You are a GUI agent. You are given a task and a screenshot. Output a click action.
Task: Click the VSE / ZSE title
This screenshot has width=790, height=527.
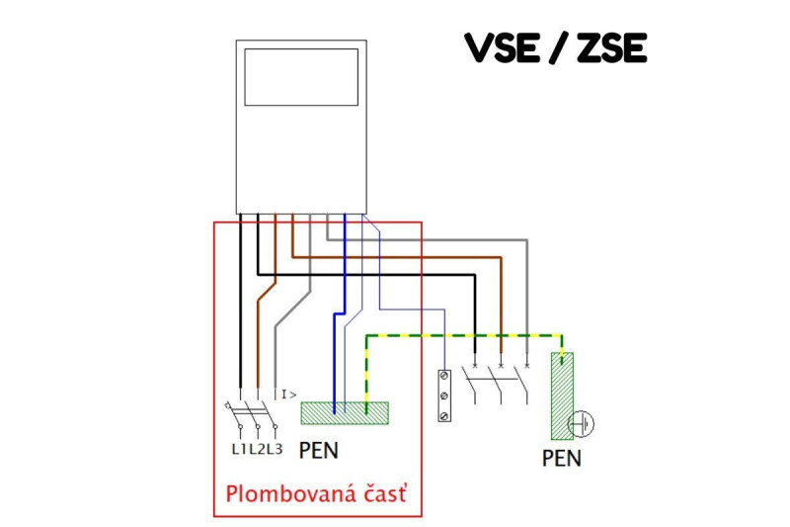pyautogui.click(x=555, y=46)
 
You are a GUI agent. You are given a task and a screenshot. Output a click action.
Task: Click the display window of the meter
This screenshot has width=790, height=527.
pyautogui.click(x=301, y=76)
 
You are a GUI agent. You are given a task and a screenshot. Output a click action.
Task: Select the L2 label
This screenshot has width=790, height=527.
pyautogui.click(x=257, y=450)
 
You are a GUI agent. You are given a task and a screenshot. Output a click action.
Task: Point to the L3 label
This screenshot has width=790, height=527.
pyautogui.click(x=274, y=450)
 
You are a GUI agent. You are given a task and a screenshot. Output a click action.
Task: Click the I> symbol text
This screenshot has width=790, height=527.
pyautogui.click(x=289, y=395)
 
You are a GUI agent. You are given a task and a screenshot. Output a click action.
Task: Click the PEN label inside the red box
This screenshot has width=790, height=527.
pyautogui.click(x=318, y=452)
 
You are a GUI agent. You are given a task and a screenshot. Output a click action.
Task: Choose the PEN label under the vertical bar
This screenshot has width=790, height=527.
pyautogui.click(x=561, y=458)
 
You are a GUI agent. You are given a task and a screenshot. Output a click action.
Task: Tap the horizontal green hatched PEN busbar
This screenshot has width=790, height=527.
pyautogui.click(x=345, y=412)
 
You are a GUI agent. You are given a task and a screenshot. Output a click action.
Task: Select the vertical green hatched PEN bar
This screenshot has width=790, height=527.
pyautogui.click(x=562, y=395)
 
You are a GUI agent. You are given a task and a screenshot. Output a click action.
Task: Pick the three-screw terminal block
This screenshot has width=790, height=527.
pyautogui.click(x=444, y=395)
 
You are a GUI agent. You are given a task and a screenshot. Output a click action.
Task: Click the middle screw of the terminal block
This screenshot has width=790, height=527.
pyautogui.click(x=444, y=395)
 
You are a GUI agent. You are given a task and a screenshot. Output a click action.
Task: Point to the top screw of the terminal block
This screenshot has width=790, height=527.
pyautogui.click(x=444, y=378)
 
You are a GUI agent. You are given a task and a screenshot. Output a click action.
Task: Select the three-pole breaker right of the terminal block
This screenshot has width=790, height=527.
pyautogui.click(x=501, y=384)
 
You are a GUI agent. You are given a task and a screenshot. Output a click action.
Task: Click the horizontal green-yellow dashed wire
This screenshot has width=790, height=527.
pyautogui.click(x=464, y=334)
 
